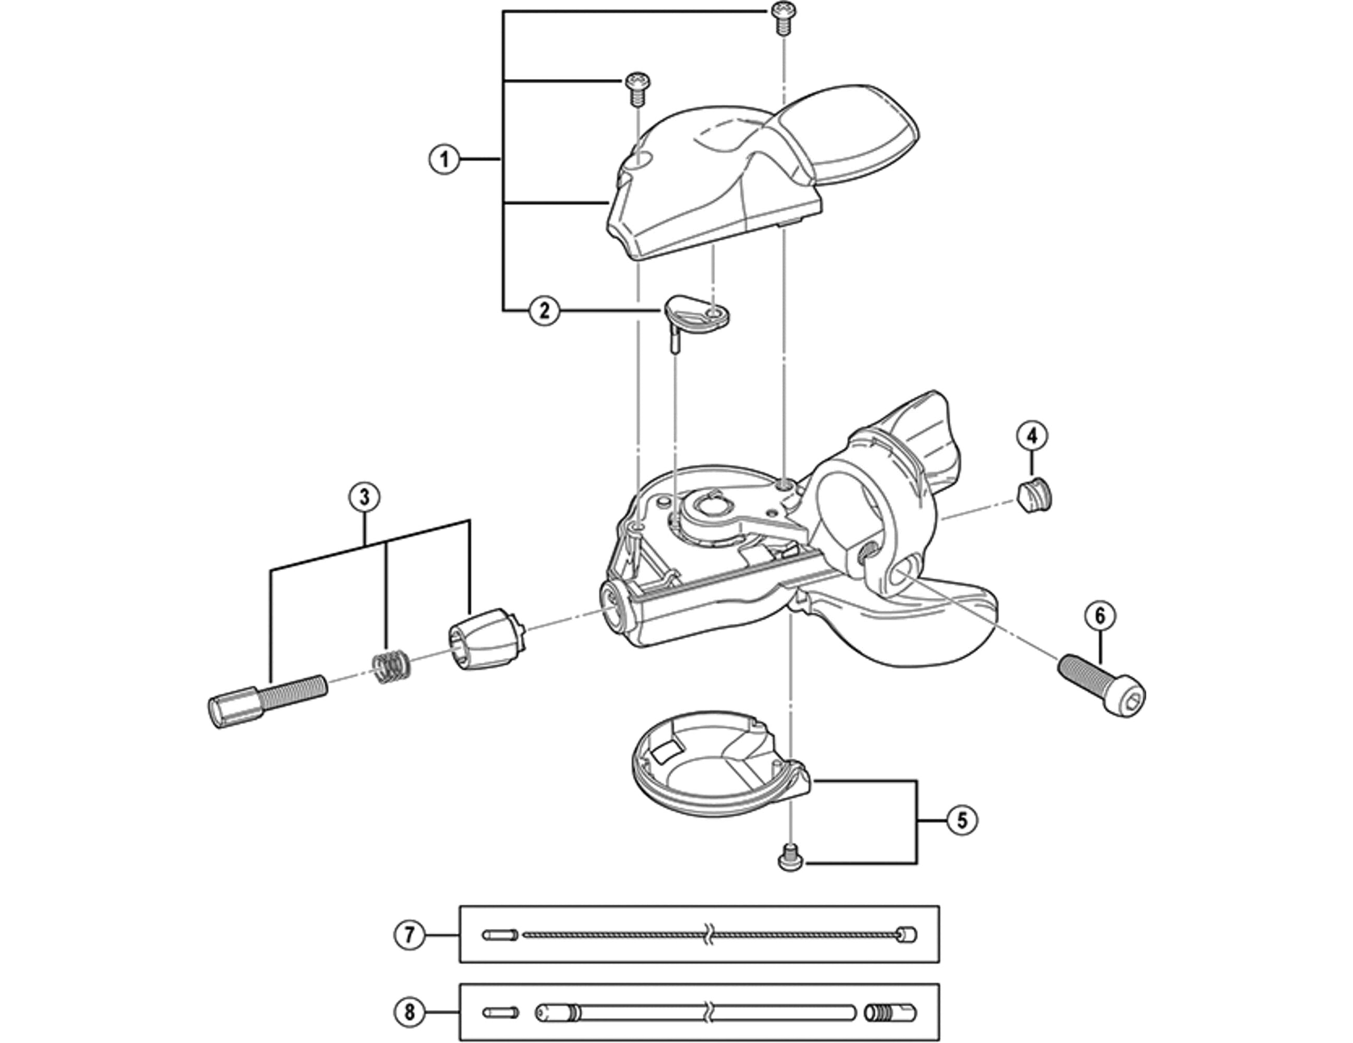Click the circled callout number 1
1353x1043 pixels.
[x=445, y=159]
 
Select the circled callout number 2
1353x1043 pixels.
[x=544, y=310]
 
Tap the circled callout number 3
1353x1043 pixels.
[x=364, y=497]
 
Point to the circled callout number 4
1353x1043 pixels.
[x=1032, y=436]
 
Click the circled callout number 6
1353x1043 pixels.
[x=1100, y=616]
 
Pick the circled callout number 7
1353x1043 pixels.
[x=409, y=935]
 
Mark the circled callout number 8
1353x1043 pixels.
[x=409, y=1013]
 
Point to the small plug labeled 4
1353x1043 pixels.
[x=1034, y=494]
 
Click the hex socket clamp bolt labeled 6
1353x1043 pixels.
[x=1102, y=681]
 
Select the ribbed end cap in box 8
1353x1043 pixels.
[x=891, y=1013]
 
